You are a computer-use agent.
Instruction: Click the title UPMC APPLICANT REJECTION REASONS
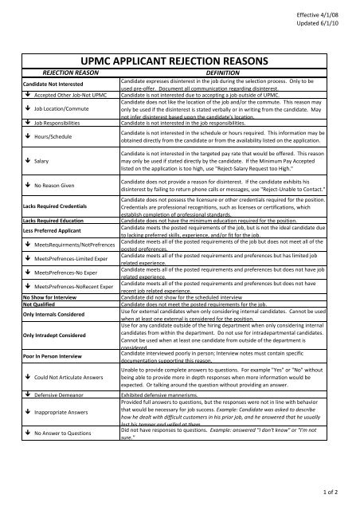179,58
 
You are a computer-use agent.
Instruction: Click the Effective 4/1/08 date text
322,14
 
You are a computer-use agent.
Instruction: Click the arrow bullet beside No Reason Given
27,186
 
